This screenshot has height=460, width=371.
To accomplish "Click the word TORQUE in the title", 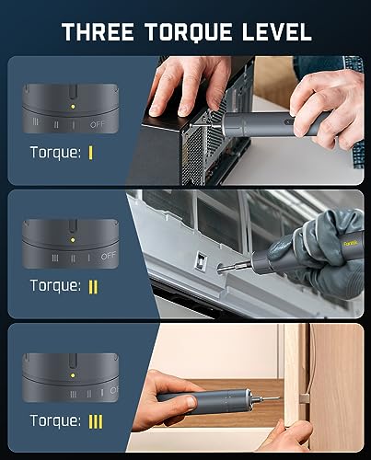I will tap(191, 33).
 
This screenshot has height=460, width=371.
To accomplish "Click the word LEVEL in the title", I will tap(276, 33).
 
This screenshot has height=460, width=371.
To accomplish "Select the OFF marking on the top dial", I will tap(98, 123).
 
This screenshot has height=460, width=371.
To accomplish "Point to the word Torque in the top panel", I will tap(56, 155).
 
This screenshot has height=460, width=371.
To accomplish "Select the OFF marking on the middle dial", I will tap(109, 255).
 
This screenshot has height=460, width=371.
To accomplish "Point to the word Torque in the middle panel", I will tap(56, 286).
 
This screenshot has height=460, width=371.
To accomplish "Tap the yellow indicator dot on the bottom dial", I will tap(73, 376).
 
